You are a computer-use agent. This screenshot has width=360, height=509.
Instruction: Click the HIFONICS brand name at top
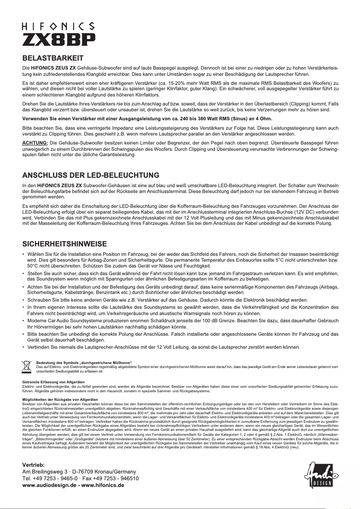(x=58, y=26)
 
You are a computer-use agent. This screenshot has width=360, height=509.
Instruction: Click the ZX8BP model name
(x=59, y=39)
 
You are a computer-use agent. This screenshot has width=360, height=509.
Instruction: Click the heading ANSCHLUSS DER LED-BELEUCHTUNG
(x=91, y=175)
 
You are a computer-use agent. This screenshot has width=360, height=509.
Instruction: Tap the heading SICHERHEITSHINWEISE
(x=65, y=244)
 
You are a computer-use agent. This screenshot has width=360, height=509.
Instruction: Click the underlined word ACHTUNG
(x=35, y=143)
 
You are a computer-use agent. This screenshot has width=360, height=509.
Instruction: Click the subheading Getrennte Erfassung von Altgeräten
(x=53, y=382)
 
